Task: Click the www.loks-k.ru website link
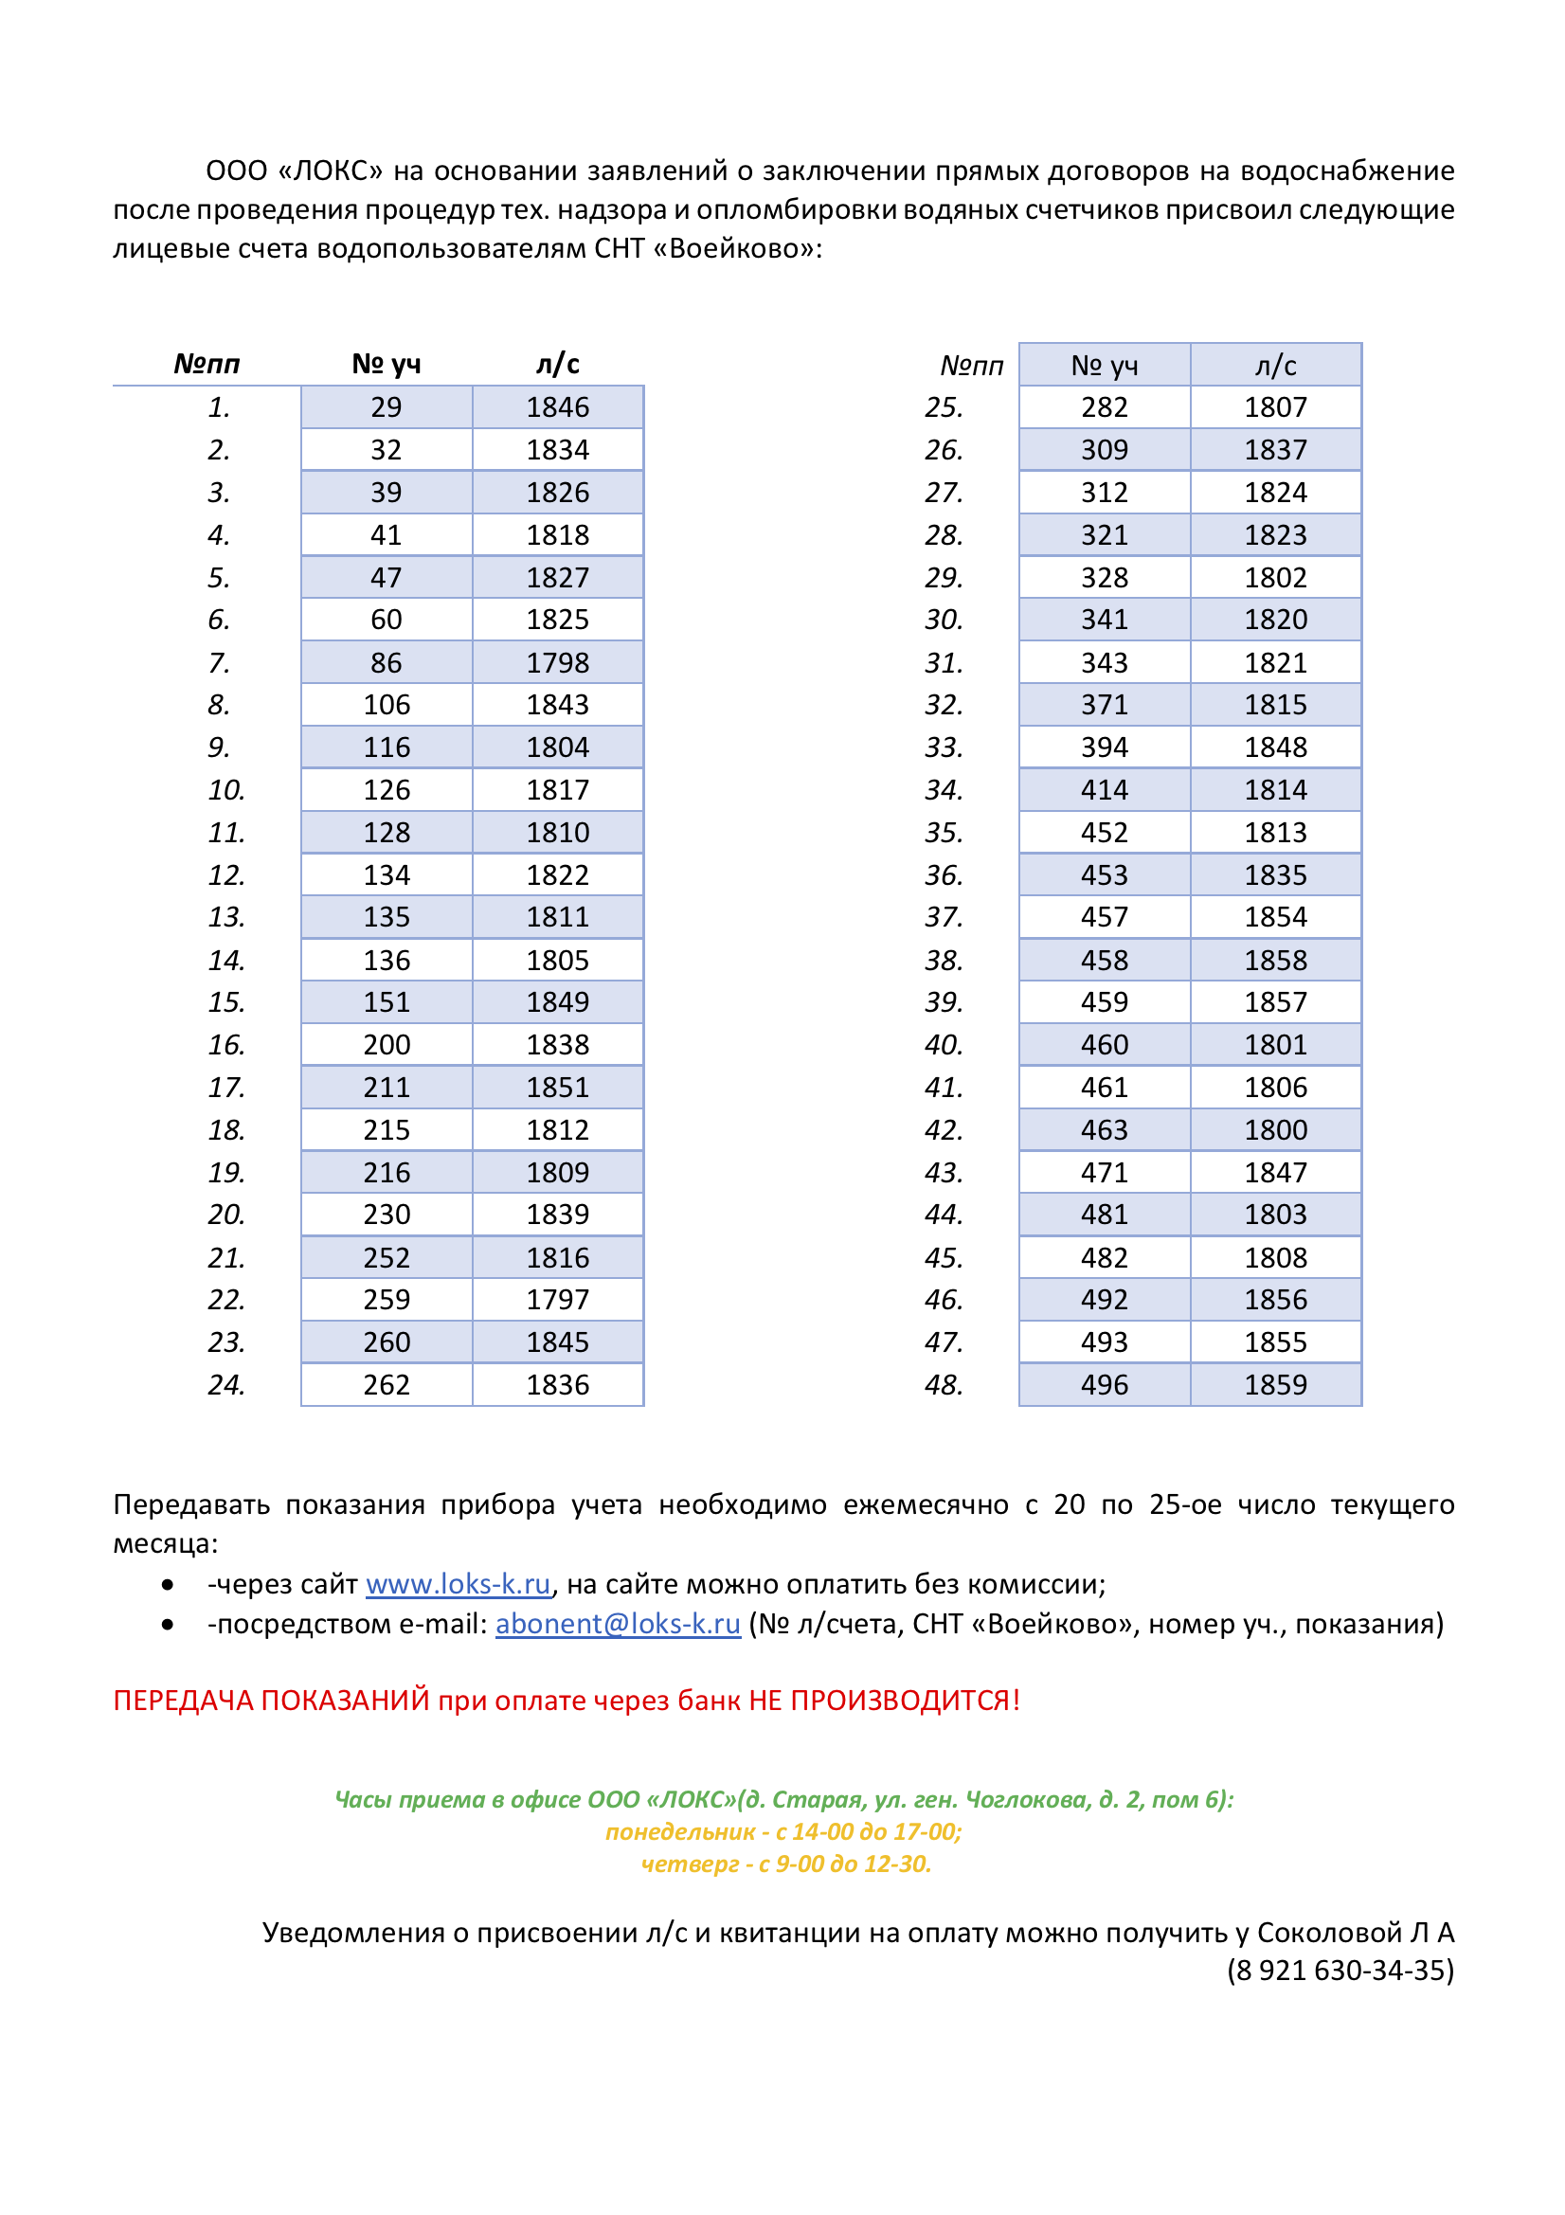[x=458, y=1584]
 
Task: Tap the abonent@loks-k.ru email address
[x=618, y=1624]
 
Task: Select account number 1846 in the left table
[x=558, y=407]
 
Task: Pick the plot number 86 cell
[x=386, y=663]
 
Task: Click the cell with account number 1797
[x=558, y=1300]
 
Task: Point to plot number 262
[x=386, y=1384]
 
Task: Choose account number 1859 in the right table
[x=1275, y=1384]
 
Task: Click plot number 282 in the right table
[x=1104, y=407]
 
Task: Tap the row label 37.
[x=944, y=916]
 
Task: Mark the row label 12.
[x=226, y=875]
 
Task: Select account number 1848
[x=1275, y=747]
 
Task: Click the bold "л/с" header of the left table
[x=558, y=364]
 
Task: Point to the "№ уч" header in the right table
[x=1104, y=366]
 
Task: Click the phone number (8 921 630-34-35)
[x=1340, y=1970]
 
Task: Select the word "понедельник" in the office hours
[x=680, y=1832]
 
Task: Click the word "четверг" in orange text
[x=690, y=1864]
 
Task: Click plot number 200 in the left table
[x=386, y=1045]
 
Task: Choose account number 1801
[x=1275, y=1045]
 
